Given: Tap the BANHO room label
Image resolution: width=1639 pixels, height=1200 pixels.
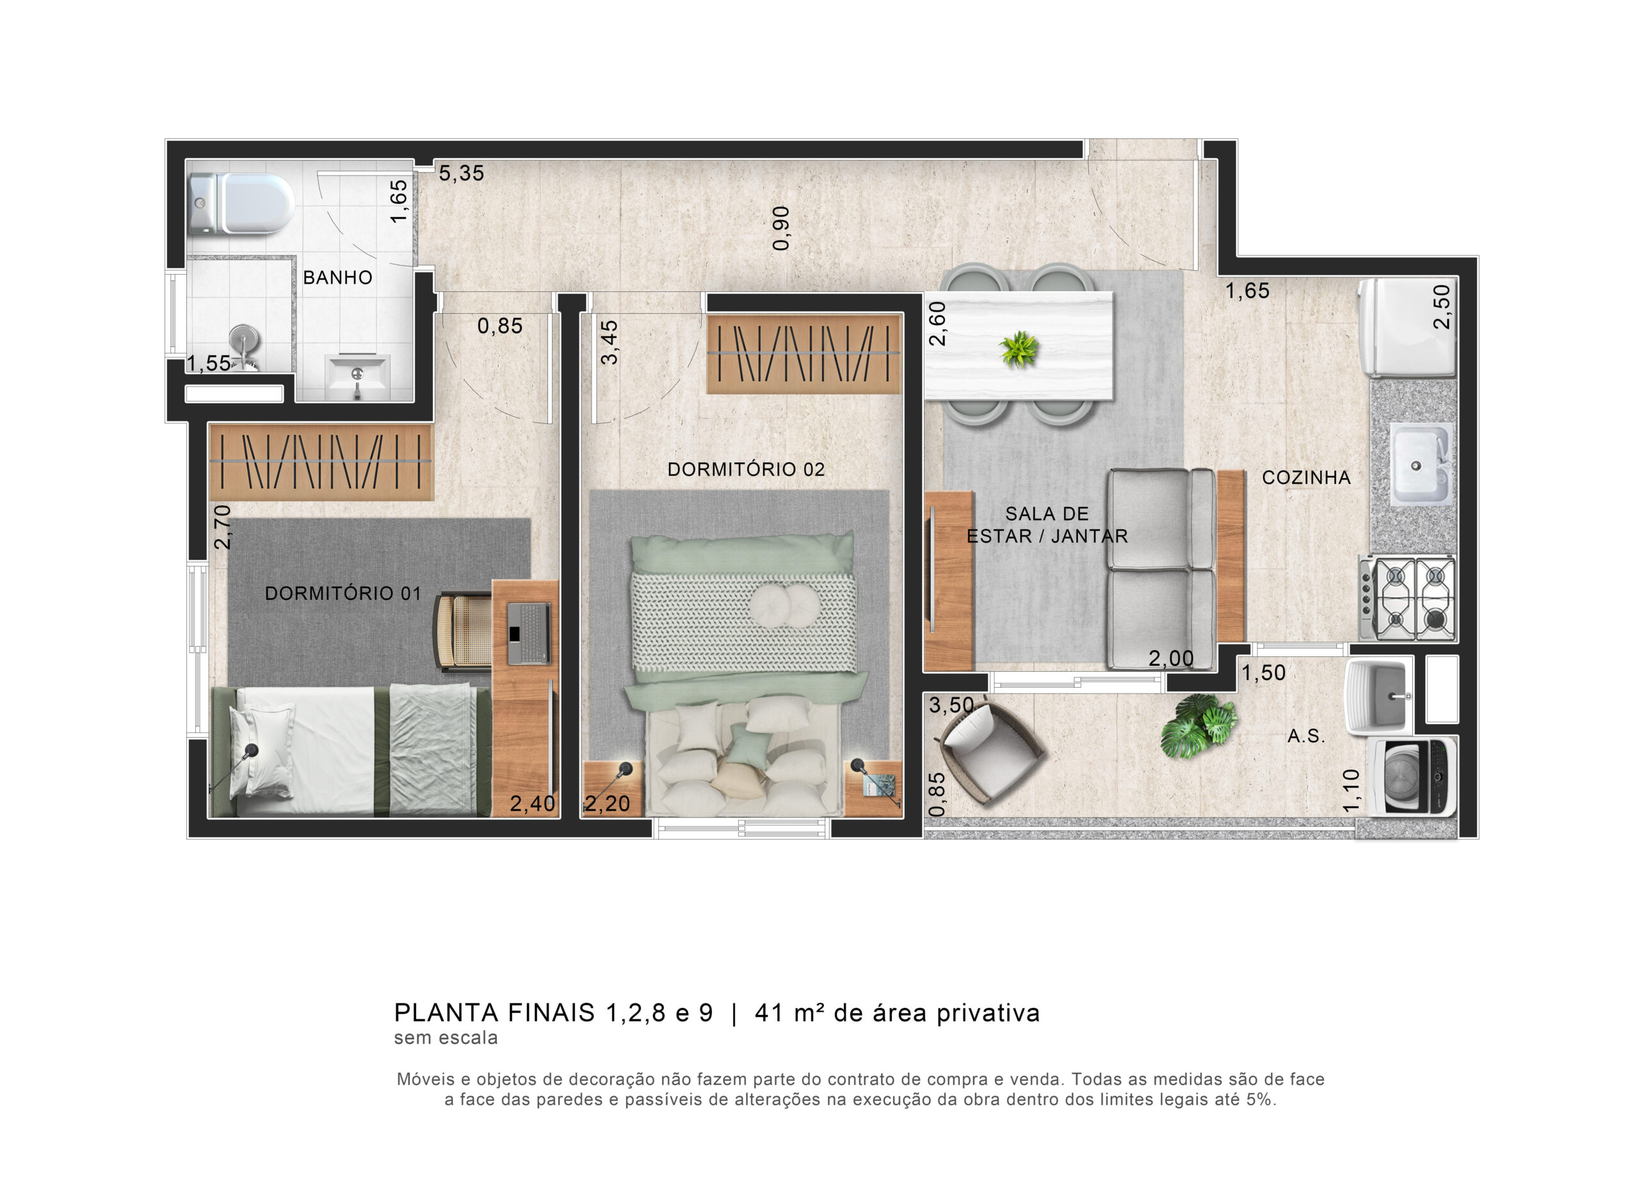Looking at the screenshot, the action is click(x=337, y=277).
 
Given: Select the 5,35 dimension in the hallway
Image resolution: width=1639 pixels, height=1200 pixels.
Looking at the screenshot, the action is click(x=461, y=173).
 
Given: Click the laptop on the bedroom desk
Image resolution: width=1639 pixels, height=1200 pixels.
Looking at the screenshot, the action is click(x=528, y=633).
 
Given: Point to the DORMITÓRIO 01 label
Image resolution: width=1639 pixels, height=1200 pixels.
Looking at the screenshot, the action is click(x=343, y=594).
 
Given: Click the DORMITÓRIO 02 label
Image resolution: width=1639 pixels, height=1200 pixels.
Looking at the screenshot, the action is click(x=746, y=469).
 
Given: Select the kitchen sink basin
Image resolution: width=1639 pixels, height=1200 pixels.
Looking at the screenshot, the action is click(x=1421, y=464).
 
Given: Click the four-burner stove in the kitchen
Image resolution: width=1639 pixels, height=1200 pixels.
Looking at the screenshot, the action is click(x=1408, y=599).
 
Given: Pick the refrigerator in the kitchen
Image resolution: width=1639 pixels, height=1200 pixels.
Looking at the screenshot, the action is click(x=1408, y=328).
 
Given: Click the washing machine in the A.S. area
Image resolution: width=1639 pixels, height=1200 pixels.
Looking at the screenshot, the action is click(x=1411, y=777).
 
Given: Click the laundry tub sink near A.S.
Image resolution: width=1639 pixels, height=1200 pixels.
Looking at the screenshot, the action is click(x=1378, y=696).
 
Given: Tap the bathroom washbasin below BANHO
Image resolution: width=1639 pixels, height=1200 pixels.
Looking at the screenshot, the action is click(x=357, y=377).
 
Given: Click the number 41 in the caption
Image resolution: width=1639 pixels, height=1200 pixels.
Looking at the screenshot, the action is click(x=769, y=1012).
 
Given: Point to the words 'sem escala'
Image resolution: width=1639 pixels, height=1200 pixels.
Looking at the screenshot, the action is click(x=446, y=1038).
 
